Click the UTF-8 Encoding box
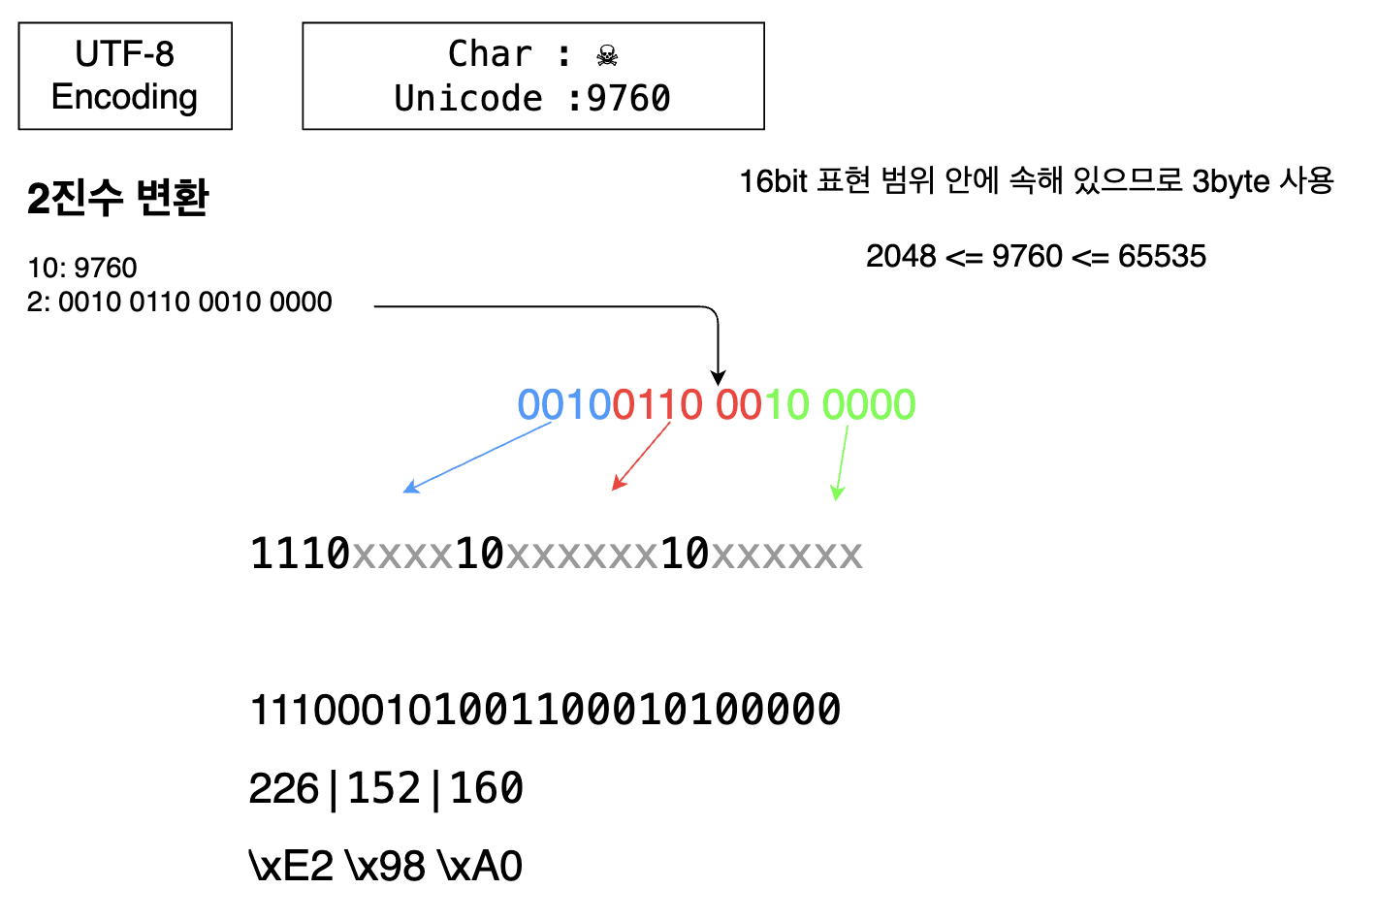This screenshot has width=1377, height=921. coord(125,76)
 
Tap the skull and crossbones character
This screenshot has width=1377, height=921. coord(607,55)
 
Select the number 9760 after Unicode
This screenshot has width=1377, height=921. coord(628,99)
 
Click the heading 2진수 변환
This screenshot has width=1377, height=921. coord(117,198)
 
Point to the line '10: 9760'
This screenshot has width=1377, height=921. coord(82,268)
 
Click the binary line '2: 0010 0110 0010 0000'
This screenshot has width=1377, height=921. coord(179,302)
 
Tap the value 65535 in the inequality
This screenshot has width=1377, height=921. coord(1162,256)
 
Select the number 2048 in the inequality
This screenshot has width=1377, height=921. coord(901,256)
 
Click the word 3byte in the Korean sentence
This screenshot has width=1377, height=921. coord(1231,181)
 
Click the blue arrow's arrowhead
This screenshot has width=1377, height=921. coord(409,488)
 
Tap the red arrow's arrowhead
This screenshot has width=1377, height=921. coord(618,484)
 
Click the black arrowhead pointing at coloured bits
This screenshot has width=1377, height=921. coord(718,377)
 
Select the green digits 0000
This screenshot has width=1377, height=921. coord(869,404)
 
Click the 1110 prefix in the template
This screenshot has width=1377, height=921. coord(300,554)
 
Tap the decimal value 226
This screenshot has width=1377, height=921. coord(283,788)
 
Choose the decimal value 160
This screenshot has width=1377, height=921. coord(487,788)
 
